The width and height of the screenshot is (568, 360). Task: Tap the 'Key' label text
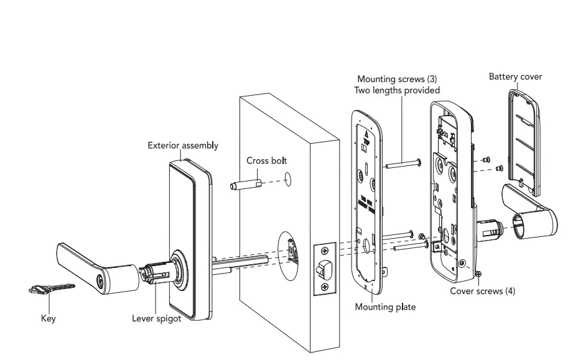pyautogui.click(x=48, y=318)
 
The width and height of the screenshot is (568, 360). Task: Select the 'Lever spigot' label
pyautogui.click(x=157, y=318)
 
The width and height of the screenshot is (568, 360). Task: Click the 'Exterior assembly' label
pyautogui.click(x=183, y=145)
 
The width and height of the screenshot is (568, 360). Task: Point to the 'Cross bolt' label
pyautogui.click(x=266, y=160)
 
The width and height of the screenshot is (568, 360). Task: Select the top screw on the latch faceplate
pyautogui.click(x=325, y=252)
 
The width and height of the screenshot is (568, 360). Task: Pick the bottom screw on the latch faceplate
pyautogui.click(x=325, y=287)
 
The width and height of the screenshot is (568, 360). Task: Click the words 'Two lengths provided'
pyautogui.click(x=397, y=90)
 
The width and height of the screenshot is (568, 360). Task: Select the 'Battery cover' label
pyautogui.click(x=515, y=76)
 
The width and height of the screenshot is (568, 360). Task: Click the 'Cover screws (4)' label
pyautogui.click(x=483, y=291)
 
